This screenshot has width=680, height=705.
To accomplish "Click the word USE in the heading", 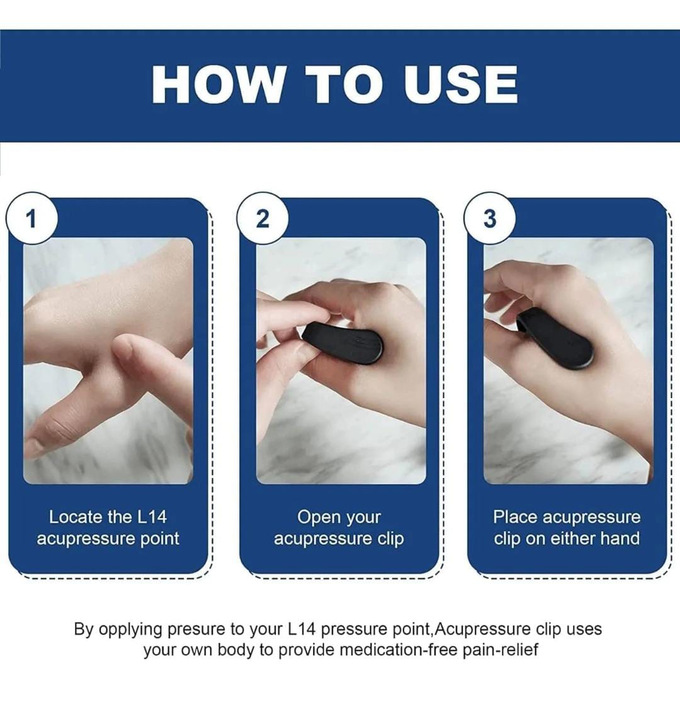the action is pyautogui.click(x=460, y=84).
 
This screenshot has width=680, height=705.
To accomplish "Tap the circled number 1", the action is pyautogui.click(x=31, y=218).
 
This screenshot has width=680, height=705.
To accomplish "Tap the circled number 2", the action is pyautogui.click(x=263, y=218).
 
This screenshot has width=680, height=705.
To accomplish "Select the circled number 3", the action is pyautogui.click(x=490, y=218).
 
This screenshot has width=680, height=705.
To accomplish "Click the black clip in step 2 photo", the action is pyautogui.click(x=342, y=343).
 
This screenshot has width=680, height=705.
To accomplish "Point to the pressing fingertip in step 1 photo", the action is pyautogui.click(x=124, y=348).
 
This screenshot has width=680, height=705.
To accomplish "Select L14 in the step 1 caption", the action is pyautogui.click(x=152, y=517).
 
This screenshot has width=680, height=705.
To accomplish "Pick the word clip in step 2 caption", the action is pyautogui.click(x=390, y=539).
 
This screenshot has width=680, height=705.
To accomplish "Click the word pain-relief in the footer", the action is pyautogui.click(x=501, y=651).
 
